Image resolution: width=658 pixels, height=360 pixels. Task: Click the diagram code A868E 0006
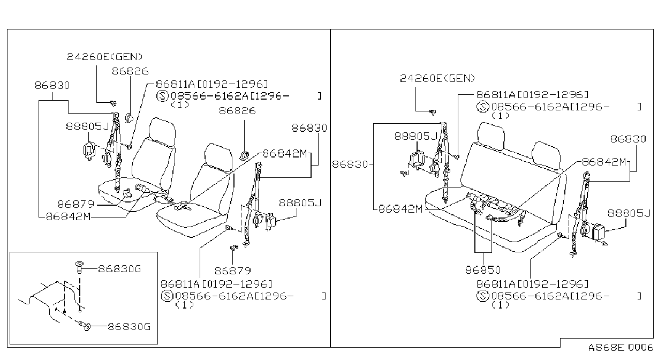[621, 348]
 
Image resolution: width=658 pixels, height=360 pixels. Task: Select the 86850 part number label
[483, 270]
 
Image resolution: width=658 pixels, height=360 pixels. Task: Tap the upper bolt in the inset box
[79, 267]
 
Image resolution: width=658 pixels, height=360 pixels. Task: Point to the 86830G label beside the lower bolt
[129, 326]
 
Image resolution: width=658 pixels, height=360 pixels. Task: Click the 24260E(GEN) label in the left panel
[104, 57]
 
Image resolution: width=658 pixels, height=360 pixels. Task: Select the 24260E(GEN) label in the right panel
[437, 78]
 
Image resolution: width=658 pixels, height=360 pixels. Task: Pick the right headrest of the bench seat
[546, 156]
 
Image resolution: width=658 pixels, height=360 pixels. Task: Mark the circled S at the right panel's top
[482, 107]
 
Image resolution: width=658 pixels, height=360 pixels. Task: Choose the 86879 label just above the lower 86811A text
[233, 271]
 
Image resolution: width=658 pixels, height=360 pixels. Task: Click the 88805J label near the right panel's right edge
[629, 213]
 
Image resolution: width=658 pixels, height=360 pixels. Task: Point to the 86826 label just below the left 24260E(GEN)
[130, 71]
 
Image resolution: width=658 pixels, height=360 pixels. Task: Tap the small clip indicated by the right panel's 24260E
[433, 112]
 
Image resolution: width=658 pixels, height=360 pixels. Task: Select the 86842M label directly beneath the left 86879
[69, 216]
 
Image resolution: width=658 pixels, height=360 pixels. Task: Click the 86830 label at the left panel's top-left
[52, 86]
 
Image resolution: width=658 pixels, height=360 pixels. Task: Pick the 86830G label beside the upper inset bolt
[119, 269]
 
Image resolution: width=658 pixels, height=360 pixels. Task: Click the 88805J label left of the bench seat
[415, 136]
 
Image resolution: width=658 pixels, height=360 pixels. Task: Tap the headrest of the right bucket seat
[218, 157]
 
